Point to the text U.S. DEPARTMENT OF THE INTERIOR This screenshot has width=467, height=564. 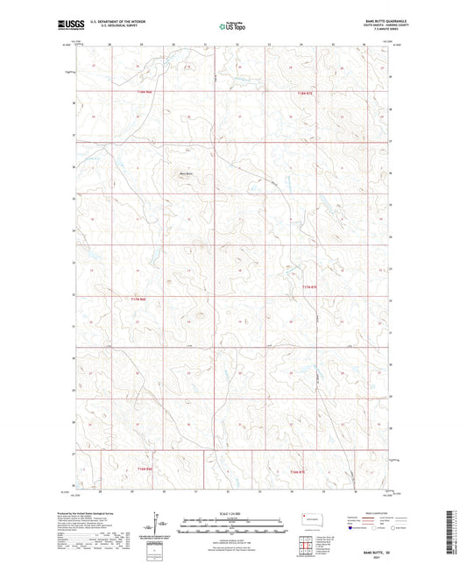[123, 23]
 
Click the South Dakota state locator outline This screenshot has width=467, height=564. [310, 518]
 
